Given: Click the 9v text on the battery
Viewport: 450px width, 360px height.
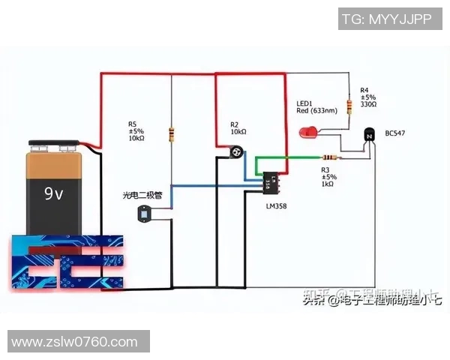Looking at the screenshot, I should point(54,194).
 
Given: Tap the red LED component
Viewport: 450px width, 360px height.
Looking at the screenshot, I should point(307,134).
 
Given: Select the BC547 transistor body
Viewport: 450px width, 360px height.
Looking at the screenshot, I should point(367,135).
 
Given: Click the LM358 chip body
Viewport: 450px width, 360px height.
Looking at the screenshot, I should point(270,181).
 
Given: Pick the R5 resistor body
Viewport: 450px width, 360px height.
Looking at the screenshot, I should point(172,135).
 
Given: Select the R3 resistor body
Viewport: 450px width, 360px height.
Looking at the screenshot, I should point(328,157).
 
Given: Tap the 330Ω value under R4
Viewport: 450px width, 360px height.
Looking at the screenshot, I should point(367,104).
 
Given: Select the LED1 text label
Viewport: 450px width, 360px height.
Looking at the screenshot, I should point(303,103).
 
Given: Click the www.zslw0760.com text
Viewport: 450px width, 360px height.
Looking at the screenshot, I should point(75,342).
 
